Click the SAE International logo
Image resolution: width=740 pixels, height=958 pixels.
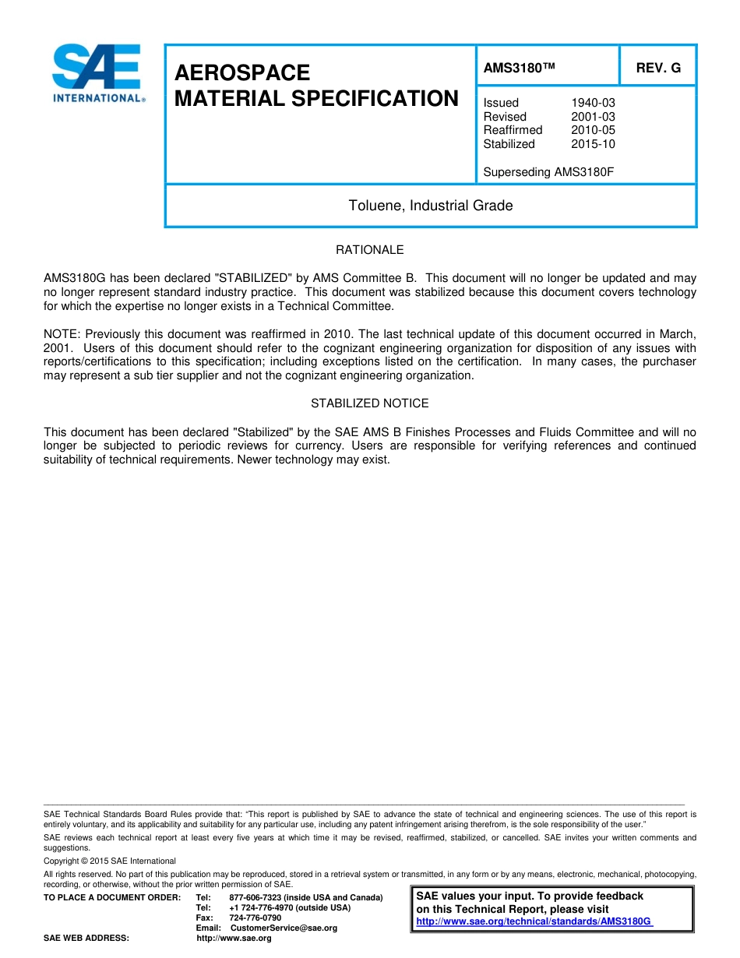(x=97, y=74)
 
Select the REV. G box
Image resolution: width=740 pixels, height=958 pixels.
(x=657, y=68)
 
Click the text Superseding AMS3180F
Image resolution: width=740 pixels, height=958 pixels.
(x=548, y=172)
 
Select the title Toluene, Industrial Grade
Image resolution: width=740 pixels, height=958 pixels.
(x=430, y=206)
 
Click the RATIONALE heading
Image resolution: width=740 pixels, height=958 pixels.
(x=369, y=250)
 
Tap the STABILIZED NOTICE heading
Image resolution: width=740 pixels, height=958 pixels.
(x=369, y=403)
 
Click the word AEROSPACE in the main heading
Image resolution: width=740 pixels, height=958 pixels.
(x=242, y=73)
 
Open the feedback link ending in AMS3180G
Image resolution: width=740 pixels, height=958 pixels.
(x=534, y=921)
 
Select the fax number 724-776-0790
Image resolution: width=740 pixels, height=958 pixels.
(x=255, y=918)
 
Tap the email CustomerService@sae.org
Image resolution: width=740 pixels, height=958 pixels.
(x=284, y=928)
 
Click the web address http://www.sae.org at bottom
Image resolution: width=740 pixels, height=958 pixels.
(x=234, y=939)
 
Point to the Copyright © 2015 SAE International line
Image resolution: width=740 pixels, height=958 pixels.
(x=110, y=861)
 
